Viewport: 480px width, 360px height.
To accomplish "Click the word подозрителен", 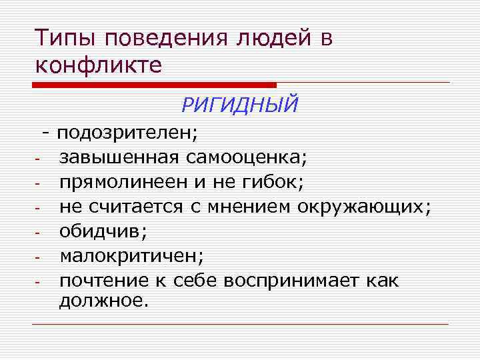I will [127, 133].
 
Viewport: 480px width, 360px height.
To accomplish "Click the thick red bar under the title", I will [154, 85].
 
